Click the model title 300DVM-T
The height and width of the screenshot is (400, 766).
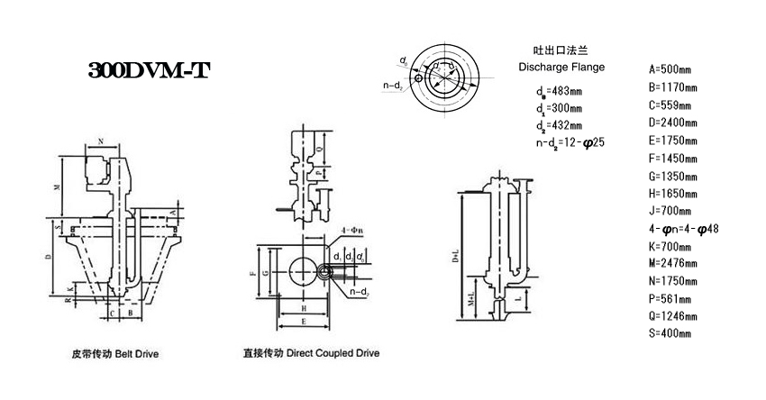pyautogui.click(x=149, y=71)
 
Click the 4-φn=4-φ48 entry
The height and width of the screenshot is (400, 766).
pyautogui.click(x=683, y=229)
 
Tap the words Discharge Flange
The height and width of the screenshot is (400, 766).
pyautogui.click(x=562, y=68)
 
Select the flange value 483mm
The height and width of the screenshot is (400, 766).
pyautogui.click(x=565, y=91)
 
